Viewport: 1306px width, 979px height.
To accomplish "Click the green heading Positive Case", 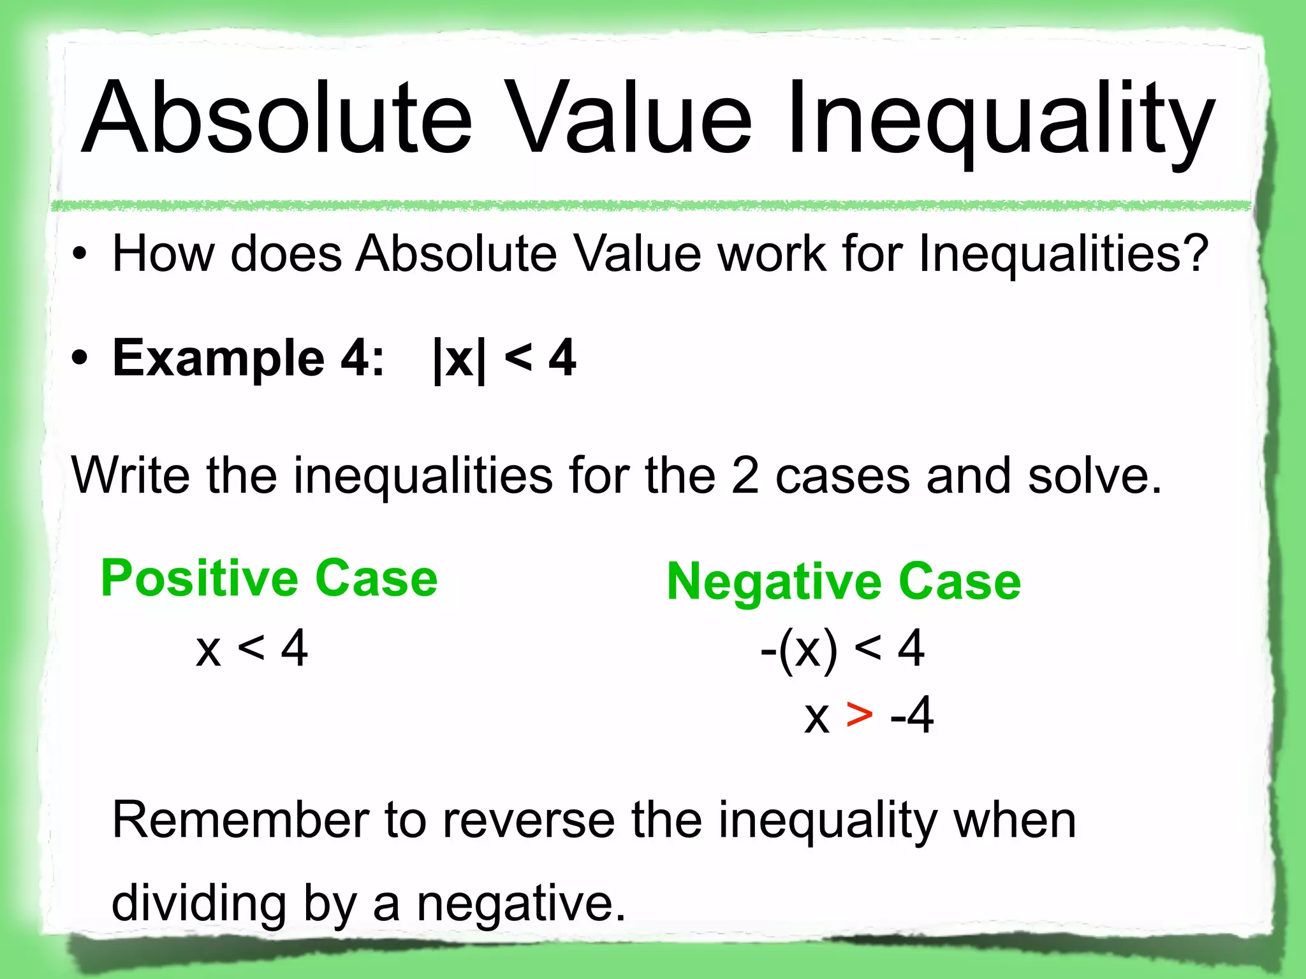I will pos(269,578).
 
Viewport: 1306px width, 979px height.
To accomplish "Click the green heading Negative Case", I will pos(844,581).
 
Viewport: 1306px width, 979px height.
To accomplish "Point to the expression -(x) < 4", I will pos(842,648).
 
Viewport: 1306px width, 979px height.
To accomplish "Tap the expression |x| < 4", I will pos(504,358).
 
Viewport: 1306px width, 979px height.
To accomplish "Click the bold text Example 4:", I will pos(249,358).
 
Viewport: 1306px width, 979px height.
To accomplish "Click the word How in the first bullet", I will pos(163,254).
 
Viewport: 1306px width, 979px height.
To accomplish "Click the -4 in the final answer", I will pos(912,715).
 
